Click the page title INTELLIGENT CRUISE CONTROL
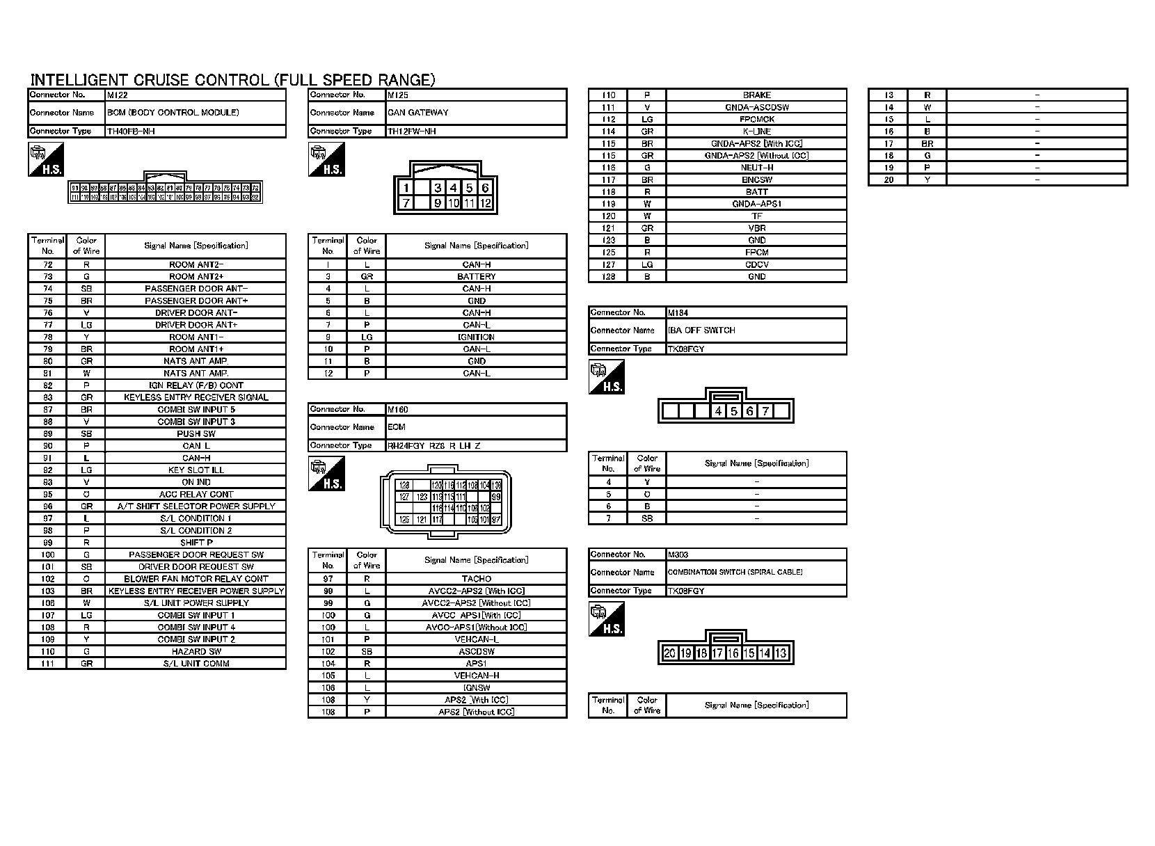tap(232, 80)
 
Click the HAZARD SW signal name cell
tap(196, 652)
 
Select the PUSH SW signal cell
tap(196, 433)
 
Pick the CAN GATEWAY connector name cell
tap(418, 113)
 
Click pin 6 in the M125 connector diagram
tap(485, 188)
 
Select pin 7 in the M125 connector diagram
tap(406, 203)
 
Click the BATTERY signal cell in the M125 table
tap(476, 277)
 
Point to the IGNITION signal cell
tap(476, 337)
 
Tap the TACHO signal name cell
tap(476, 579)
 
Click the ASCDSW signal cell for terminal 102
tap(476, 652)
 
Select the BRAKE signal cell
tap(756, 95)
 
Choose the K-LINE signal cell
tap(756, 131)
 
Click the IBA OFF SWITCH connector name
tap(701, 330)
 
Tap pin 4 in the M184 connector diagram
tap(718, 411)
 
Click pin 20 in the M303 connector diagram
tap(669, 653)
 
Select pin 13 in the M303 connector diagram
tap(781, 653)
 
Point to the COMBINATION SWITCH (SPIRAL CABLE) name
tap(735, 573)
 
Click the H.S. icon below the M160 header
tap(326, 474)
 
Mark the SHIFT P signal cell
tap(196, 543)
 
